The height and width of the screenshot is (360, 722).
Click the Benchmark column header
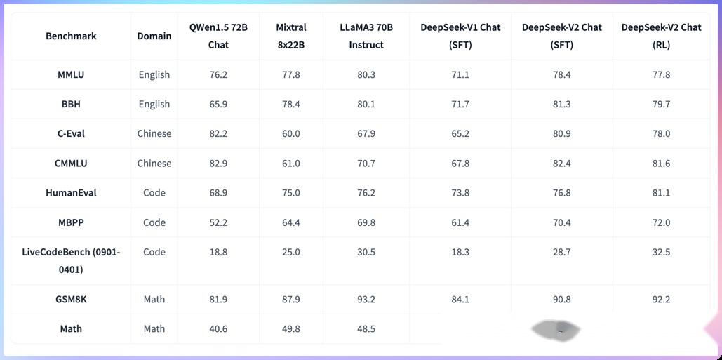71,36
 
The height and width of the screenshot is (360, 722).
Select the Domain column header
154,36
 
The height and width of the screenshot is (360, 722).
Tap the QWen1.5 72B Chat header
218,36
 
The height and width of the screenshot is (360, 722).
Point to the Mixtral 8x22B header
290,36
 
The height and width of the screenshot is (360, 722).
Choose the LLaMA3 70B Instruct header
366,36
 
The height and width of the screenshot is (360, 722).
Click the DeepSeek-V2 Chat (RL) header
661,36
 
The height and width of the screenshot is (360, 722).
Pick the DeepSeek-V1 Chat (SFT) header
460,36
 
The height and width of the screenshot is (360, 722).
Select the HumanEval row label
71,193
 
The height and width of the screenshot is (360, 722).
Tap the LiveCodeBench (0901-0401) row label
71,260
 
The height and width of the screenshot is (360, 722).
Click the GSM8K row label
71,299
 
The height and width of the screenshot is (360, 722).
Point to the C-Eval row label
71,133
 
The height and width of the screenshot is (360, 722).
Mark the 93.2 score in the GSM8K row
366,299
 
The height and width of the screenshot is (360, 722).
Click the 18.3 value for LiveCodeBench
460,252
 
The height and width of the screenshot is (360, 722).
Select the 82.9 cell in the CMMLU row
218,164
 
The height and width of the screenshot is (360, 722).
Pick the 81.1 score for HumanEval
661,193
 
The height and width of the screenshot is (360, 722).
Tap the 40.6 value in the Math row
218,328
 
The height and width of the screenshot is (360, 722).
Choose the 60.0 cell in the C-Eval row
290,133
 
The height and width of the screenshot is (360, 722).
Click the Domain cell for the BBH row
154,104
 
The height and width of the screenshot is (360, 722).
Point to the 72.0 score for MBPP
661,222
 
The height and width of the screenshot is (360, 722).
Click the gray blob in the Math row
556,329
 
